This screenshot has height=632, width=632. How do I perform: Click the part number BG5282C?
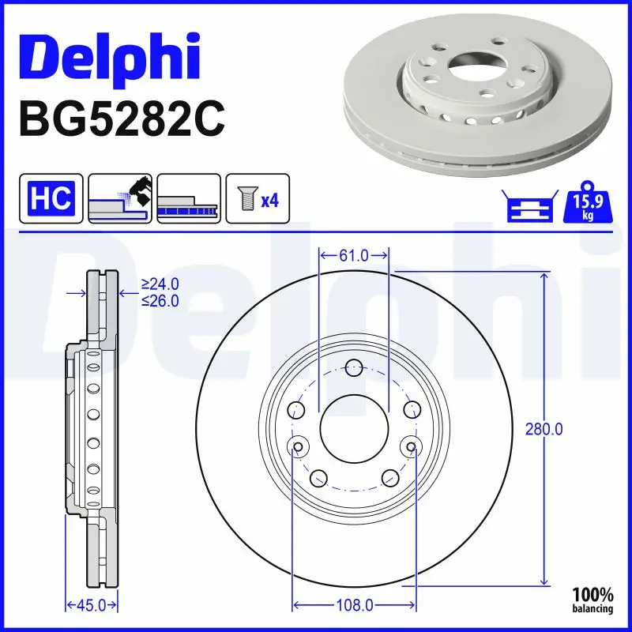click(120, 120)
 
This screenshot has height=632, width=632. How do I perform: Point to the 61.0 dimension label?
click(353, 255)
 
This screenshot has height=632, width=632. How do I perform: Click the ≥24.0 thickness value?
click(160, 284)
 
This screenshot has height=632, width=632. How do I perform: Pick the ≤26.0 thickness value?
click(160, 300)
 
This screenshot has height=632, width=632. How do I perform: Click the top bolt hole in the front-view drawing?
click(354, 367)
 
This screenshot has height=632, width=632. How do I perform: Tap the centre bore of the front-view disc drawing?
click(354, 430)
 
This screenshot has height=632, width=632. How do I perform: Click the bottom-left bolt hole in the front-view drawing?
click(318, 478)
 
